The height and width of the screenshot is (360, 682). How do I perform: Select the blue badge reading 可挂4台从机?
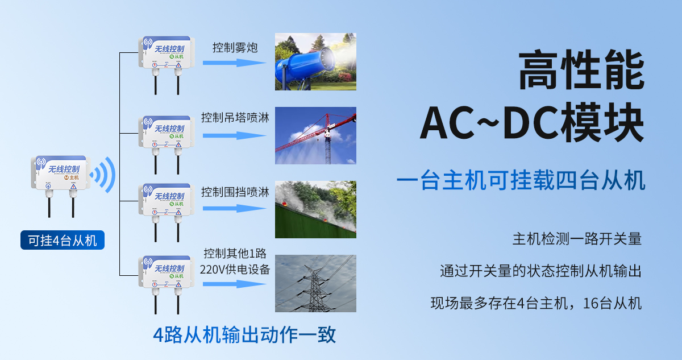click(63, 240)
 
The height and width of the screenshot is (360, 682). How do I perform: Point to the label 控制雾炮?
click(235, 48)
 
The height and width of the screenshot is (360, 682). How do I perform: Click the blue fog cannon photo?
click(315, 61)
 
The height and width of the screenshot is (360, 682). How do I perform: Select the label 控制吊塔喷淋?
click(235, 118)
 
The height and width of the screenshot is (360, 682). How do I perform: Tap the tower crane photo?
click(315, 135)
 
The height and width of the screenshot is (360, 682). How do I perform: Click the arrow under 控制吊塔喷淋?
click(234, 135)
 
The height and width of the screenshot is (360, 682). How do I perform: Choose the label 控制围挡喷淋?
click(235, 192)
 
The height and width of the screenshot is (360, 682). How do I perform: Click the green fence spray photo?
click(315, 209)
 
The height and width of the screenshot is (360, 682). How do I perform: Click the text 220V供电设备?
click(235, 269)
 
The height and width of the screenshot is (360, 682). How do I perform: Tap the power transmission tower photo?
click(315, 283)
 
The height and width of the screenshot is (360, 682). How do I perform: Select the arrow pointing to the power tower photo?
click(234, 283)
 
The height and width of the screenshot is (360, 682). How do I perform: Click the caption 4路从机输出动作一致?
click(244, 334)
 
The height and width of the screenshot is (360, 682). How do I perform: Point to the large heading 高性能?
click(581, 71)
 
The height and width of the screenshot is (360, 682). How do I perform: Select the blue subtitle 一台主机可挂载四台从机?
click(521, 181)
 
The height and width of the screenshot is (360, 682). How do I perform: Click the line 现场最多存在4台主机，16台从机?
click(536, 303)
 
